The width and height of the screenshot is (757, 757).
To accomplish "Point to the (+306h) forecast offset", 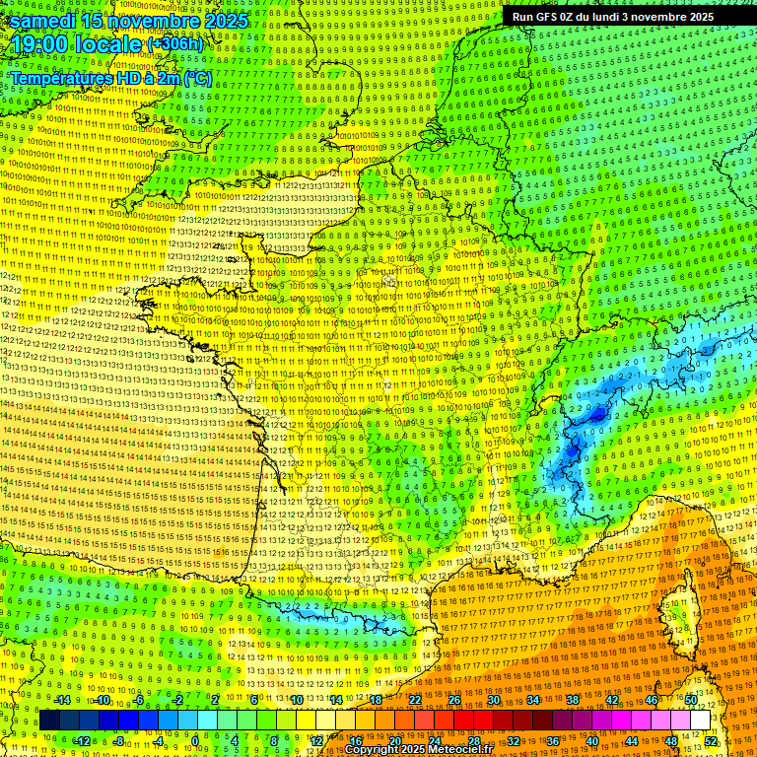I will point(174,44).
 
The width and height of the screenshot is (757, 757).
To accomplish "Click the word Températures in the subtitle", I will point(54,78).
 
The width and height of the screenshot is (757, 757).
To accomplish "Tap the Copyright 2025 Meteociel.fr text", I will point(417,749).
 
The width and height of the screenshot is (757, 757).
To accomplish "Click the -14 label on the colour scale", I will point(61,700).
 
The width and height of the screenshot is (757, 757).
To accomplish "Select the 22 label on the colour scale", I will point(415,700).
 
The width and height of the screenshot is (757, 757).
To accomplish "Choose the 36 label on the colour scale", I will point(552,740).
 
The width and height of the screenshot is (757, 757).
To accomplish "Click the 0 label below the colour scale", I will point(195,740).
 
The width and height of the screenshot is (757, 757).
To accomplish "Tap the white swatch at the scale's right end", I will point(700,721).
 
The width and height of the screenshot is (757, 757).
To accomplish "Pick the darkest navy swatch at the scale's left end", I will point(49,721).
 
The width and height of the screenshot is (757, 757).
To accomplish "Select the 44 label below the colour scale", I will point(632,740).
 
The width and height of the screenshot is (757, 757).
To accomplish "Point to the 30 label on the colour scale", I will point(494,700).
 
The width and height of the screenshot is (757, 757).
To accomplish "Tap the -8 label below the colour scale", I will point(118,740).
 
